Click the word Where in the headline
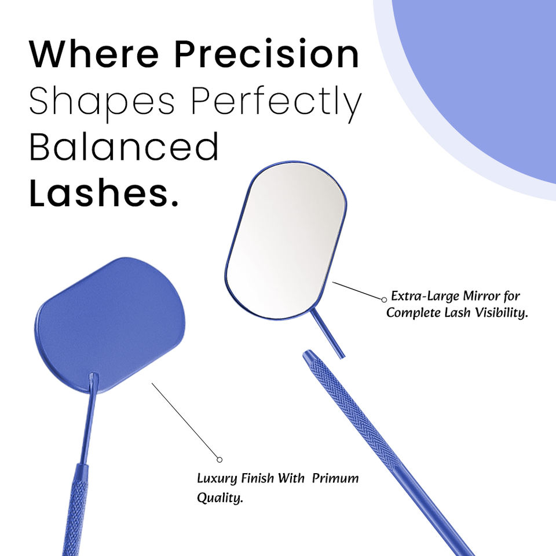tap(94, 54)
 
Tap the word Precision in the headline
tap(266, 54)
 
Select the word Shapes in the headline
tap(102, 102)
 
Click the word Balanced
tap(123, 147)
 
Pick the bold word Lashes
tap(103, 193)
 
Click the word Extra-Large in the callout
tap(423, 296)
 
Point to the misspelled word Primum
tap(335, 478)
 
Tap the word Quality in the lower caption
tap(220, 498)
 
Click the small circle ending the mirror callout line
tap(383, 299)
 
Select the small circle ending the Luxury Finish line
tap(220, 459)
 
